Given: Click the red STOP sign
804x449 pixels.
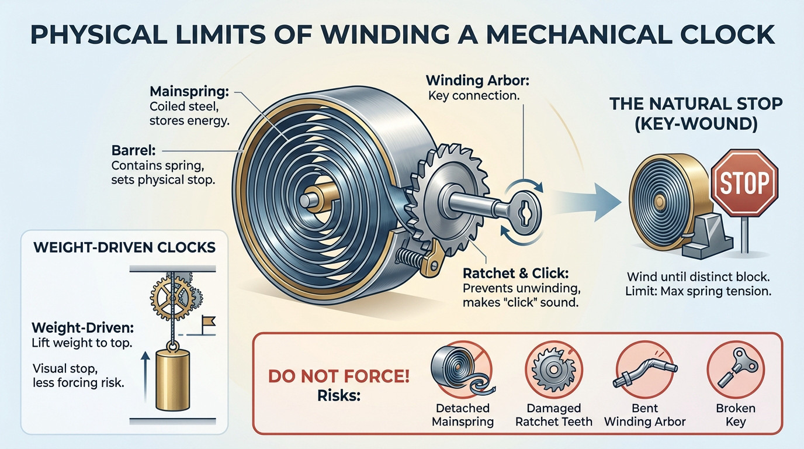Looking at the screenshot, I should click(744, 182).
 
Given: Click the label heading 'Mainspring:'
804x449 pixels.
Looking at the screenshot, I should click(190, 91).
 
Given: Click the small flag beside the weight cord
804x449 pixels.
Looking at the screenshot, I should click(208, 320).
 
